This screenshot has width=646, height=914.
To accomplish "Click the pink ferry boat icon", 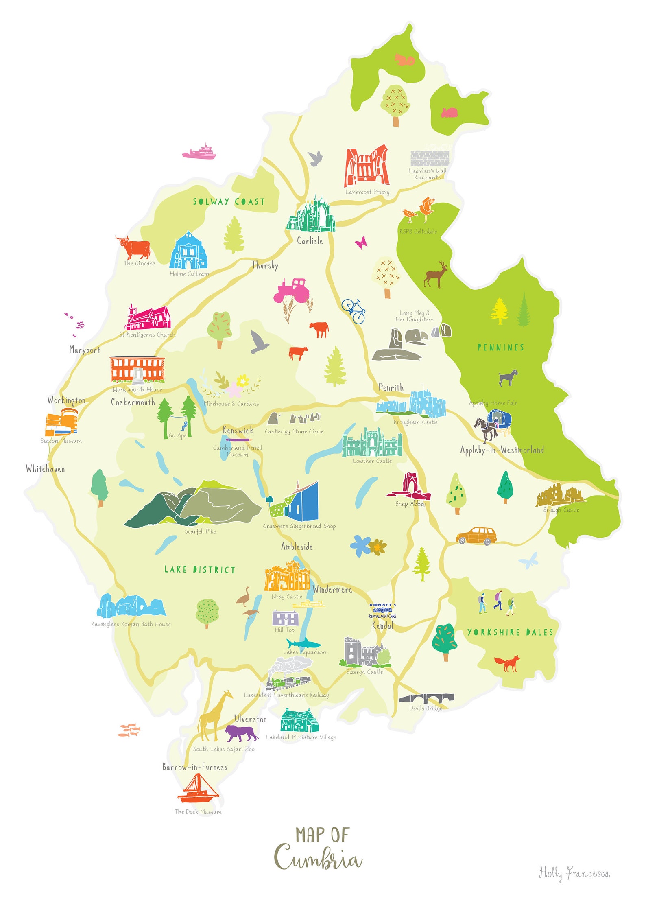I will (x=199, y=151).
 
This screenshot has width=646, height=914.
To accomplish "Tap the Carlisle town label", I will (x=310, y=241).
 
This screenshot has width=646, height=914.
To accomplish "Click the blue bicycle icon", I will (x=354, y=311).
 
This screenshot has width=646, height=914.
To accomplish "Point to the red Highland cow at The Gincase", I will (x=134, y=247).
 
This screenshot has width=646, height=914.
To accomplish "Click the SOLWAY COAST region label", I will (x=229, y=202).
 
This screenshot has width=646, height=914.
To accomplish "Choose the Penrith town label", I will (x=391, y=387).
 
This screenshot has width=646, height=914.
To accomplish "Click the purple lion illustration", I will (x=241, y=733).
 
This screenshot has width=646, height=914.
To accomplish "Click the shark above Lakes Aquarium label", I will (x=303, y=643).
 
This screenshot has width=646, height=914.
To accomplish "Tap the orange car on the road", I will (x=476, y=536).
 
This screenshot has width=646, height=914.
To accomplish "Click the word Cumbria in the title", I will (x=318, y=859).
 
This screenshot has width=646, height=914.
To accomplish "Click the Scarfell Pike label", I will (x=200, y=531).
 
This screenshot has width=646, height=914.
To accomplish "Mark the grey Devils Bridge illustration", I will (x=426, y=698).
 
